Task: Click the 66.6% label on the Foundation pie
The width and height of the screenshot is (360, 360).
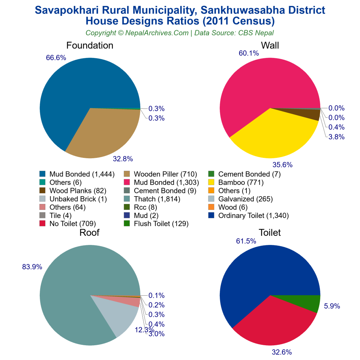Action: (56, 58)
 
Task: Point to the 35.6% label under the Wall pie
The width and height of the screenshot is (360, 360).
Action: (282, 165)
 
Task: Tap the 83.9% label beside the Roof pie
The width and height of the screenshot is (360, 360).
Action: (32, 267)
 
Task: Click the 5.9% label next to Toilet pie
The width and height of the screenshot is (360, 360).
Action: (332, 306)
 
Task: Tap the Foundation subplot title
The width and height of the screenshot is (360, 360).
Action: (90, 46)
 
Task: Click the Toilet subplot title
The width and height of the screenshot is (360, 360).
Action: (270, 232)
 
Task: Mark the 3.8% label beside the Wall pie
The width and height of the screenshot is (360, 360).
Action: (336, 137)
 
